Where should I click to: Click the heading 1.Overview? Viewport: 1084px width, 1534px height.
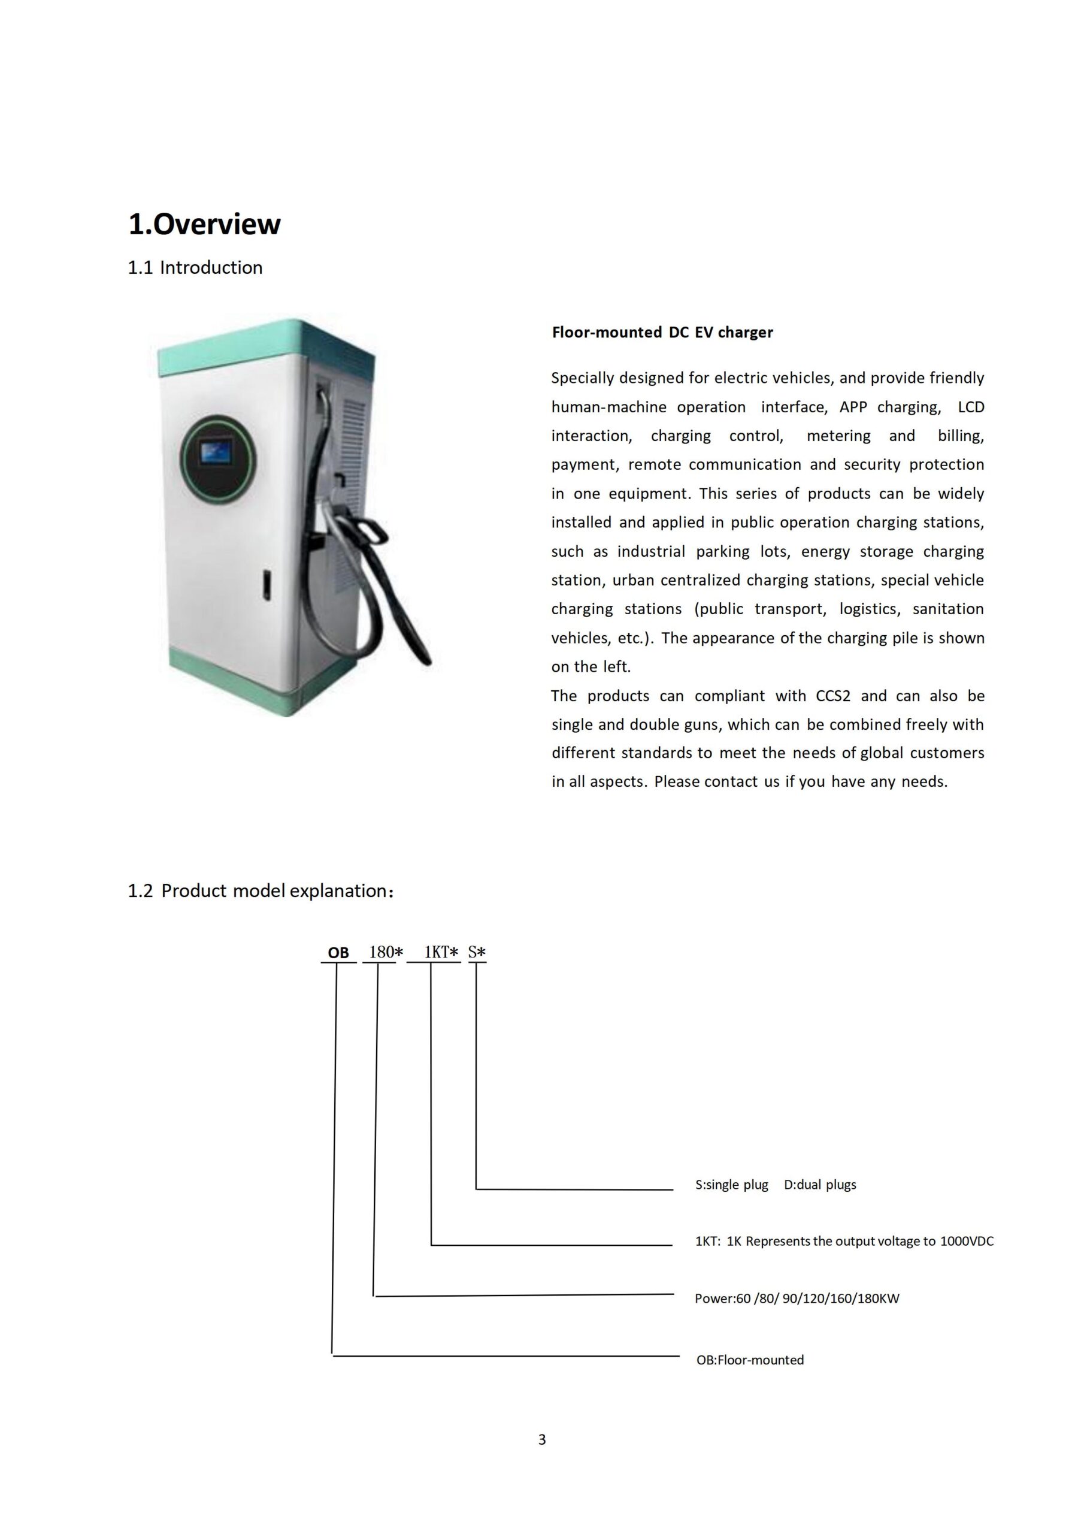coord(204,225)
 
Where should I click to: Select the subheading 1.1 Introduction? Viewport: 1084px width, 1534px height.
coord(195,268)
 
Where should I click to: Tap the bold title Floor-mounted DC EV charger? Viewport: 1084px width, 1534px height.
coord(662,333)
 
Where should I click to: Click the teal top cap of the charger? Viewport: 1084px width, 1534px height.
coord(267,344)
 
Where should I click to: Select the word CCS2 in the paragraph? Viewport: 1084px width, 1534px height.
coord(833,696)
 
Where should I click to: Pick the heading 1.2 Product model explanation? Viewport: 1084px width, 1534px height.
coord(261,891)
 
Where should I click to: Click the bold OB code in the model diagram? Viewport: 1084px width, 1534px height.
coord(338,953)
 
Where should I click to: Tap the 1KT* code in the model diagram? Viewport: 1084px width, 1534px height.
coord(441,953)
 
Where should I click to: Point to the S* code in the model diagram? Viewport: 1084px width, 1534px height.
coord(477,953)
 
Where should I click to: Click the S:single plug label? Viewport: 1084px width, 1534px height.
coord(731,1185)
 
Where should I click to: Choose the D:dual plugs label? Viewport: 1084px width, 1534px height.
coord(819,1185)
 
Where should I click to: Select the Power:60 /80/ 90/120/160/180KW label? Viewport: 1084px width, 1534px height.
coord(797,1299)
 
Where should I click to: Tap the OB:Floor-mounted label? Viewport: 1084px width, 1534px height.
coord(750,1360)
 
